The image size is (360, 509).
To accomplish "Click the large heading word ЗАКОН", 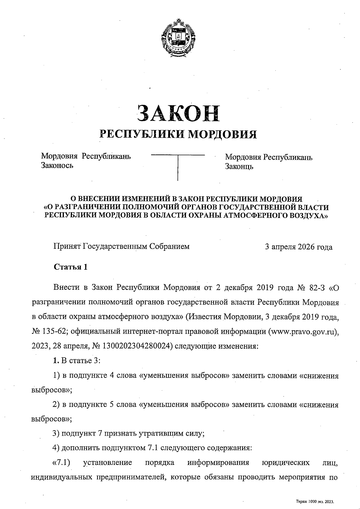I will (x=178, y=113).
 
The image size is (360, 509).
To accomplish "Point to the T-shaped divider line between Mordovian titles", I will (x=178, y=162).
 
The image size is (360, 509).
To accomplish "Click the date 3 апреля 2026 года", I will (x=298, y=247).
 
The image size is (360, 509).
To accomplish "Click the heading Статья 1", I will (x=70, y=267).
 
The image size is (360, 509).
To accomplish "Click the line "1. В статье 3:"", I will (x=76, y=361).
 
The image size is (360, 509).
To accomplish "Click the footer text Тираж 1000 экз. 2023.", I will (x=315, y=501).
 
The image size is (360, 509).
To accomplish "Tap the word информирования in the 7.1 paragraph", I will (x=218, y=462).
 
